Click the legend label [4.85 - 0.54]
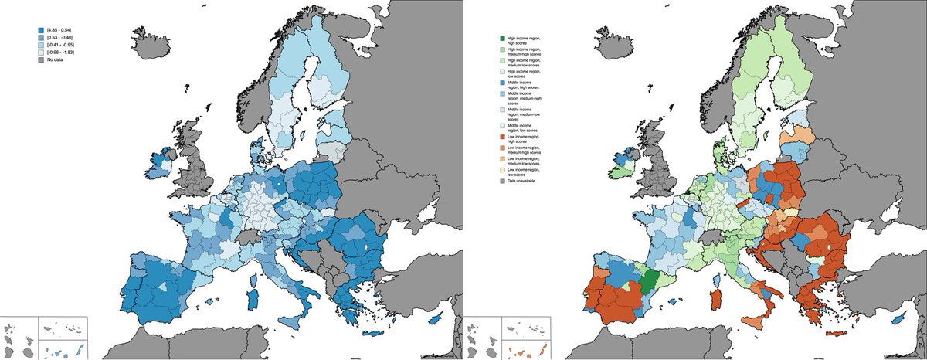pos(61,29)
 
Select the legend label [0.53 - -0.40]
pos(61,37)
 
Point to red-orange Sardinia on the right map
pos(715,297)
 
